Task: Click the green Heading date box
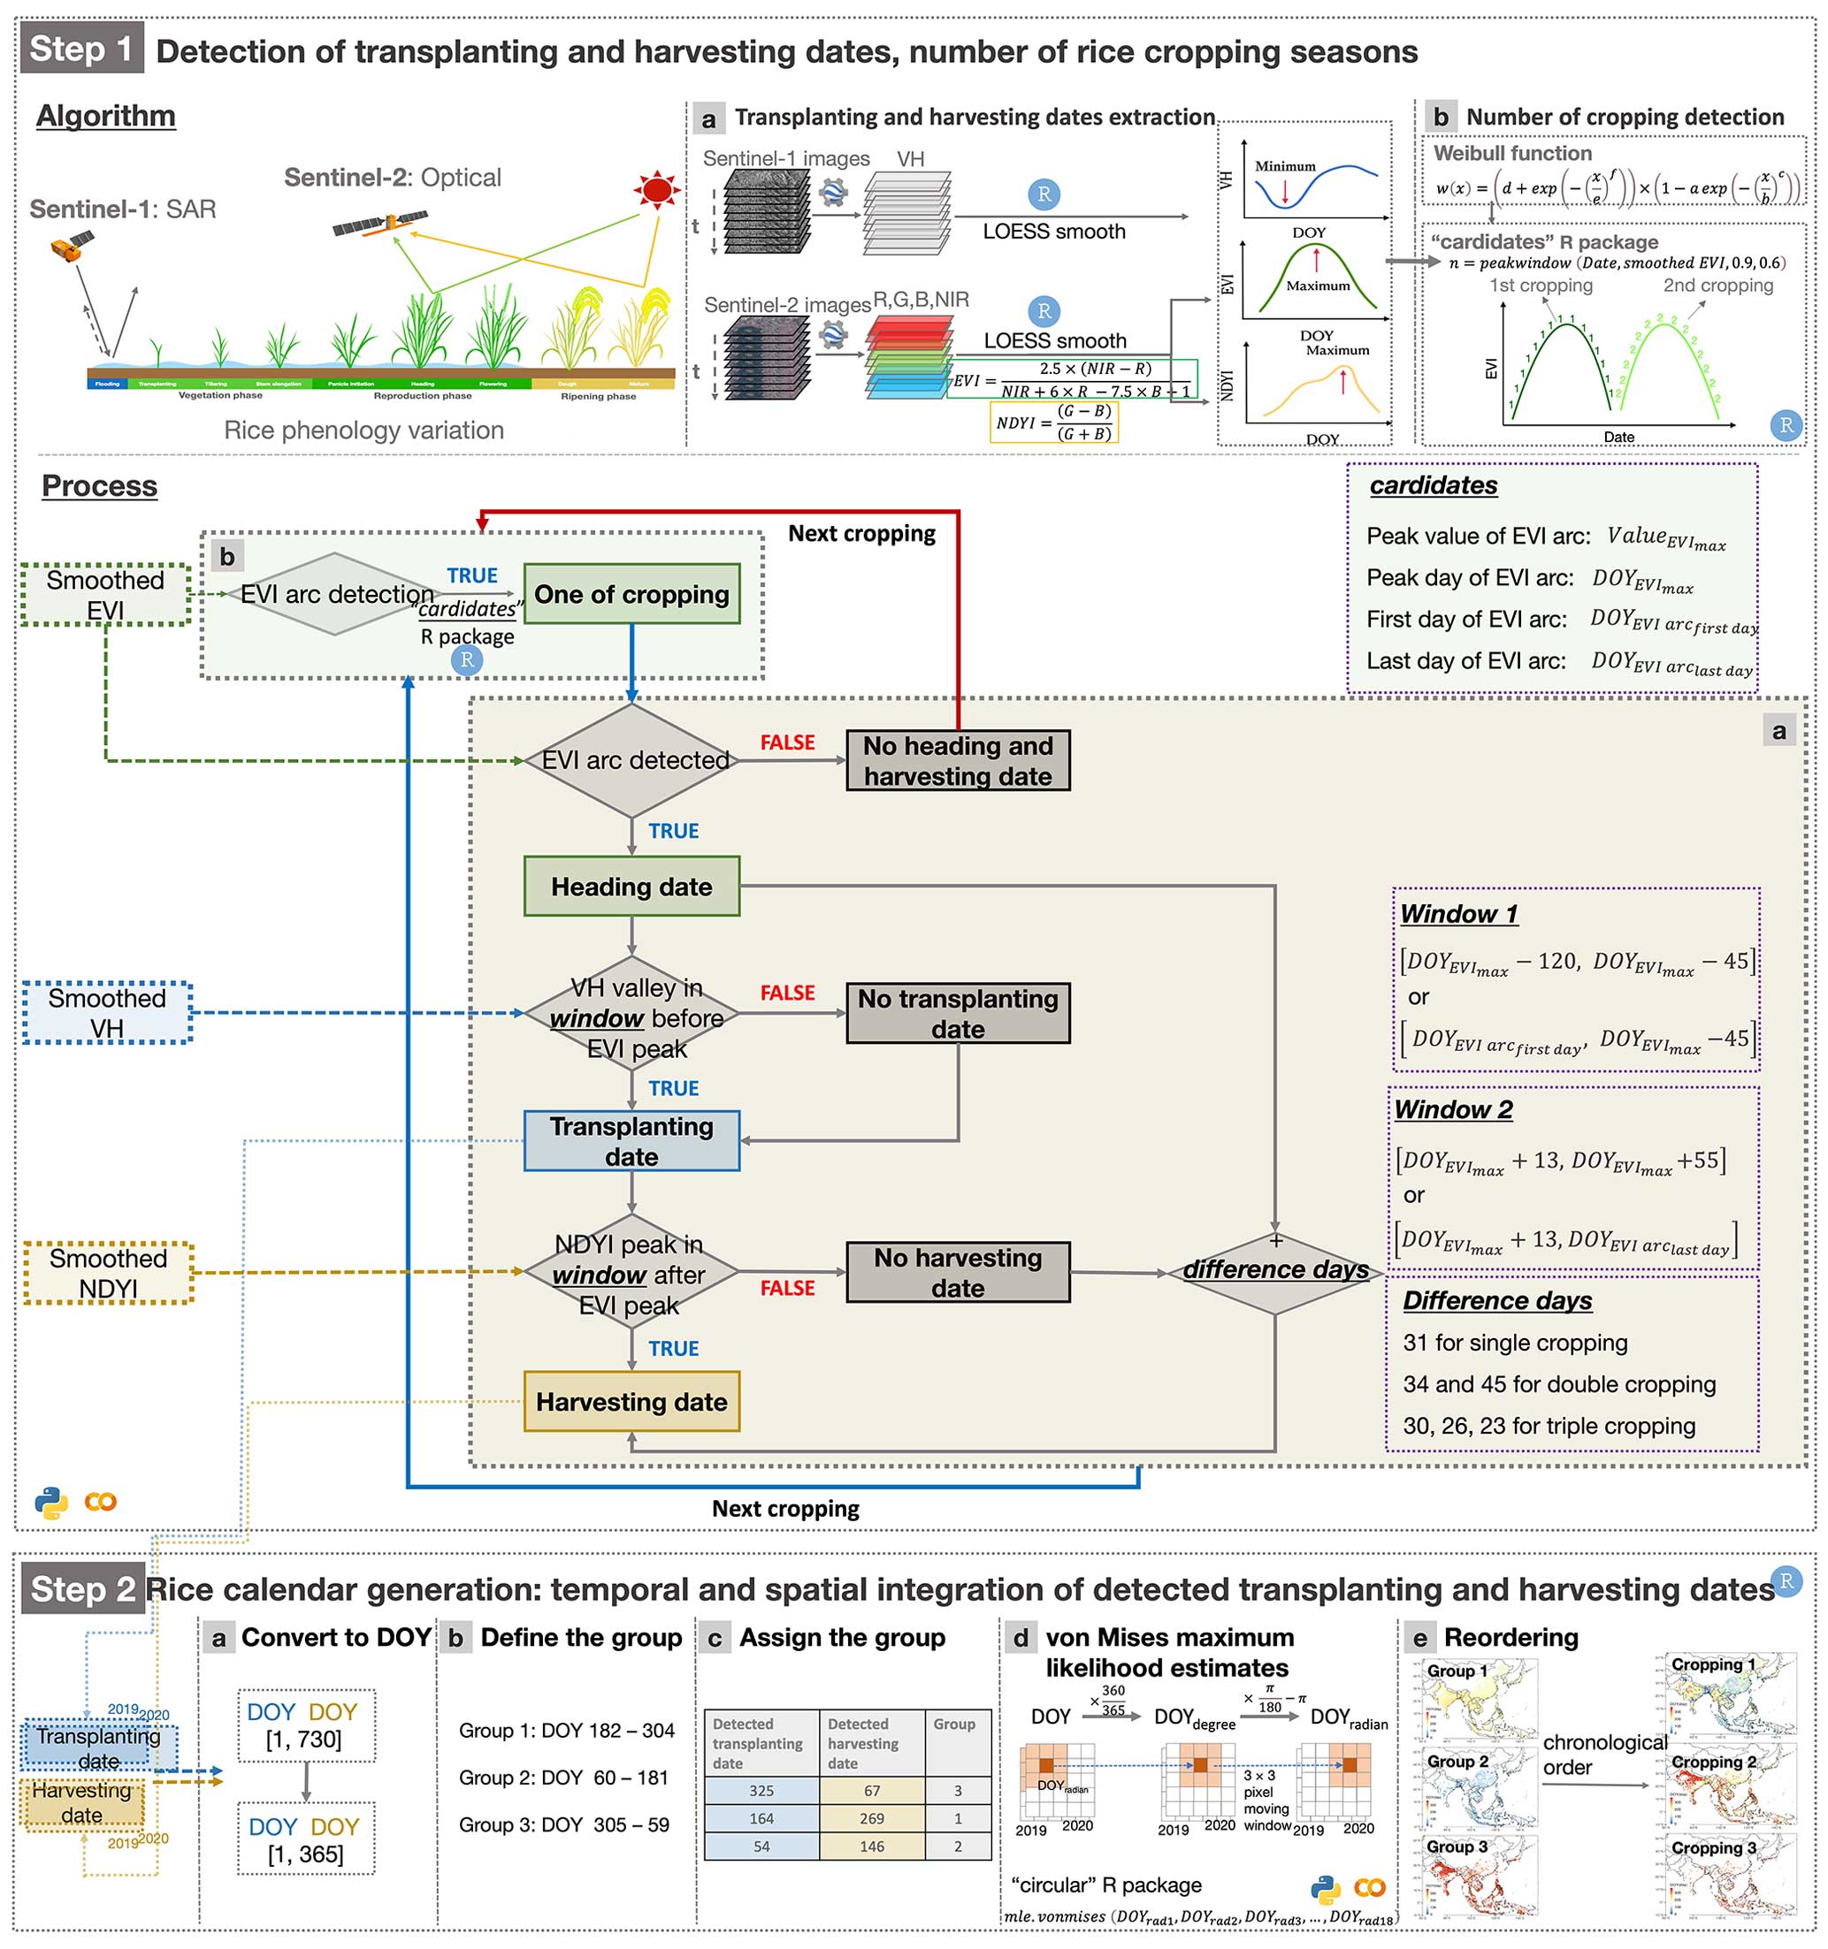point(631,887)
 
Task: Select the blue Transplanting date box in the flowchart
point(631,1141)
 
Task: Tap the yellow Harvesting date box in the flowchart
point(631,1402)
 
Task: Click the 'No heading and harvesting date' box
point(957,761)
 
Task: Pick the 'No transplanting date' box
point(957,1014)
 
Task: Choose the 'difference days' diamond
point(1275,1270)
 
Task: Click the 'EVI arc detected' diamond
point(632,761)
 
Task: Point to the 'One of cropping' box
point(631,594)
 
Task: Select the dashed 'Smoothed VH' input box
point(107,1013)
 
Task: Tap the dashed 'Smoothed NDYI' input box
point(108,1274)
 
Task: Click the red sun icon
point(656,188)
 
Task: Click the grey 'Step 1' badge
point(81,48)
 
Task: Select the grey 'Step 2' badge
point(82,1589)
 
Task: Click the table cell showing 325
point(761,1790)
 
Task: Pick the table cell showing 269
point(871,1818)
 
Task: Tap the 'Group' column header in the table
point(953,1724)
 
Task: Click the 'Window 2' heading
point(1453,1110)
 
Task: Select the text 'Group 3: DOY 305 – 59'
point(566,1824)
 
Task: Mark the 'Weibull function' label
point(1512,153)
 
